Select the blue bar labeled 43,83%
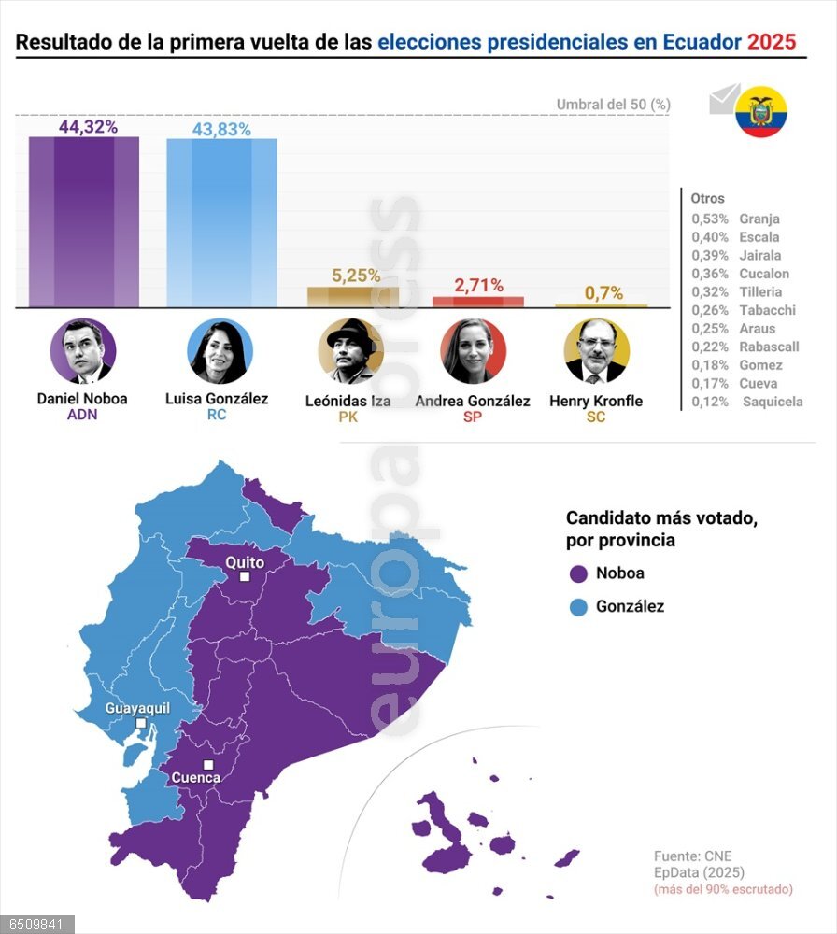coord(221,223)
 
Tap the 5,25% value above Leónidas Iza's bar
coord(356,276)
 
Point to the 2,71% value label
coord(478,286)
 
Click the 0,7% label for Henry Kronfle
coord(603,293)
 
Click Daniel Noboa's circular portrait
coord(83,350)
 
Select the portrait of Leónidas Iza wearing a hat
coord(350,350)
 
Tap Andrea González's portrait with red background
coord(474,350)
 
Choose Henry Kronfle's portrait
coord(597,350)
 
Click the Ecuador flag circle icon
coord(761,113)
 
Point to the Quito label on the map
coord(245,562)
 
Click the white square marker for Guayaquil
coord(140,723)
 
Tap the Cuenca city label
coord(196,777)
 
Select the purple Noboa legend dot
coord(578,573)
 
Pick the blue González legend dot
coord(578,607)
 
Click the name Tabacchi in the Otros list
coord(767,310)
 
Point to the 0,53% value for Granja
coord(710,219)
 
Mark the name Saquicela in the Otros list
coord(773,402)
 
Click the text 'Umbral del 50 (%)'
coord(613,105)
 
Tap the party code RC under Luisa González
coord(217,415)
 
